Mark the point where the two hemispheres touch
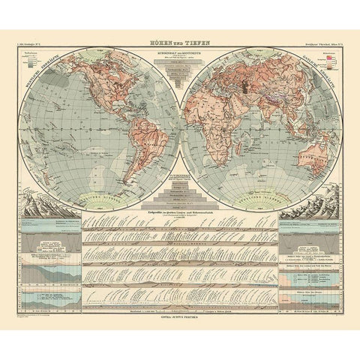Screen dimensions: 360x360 click(180, 128)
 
